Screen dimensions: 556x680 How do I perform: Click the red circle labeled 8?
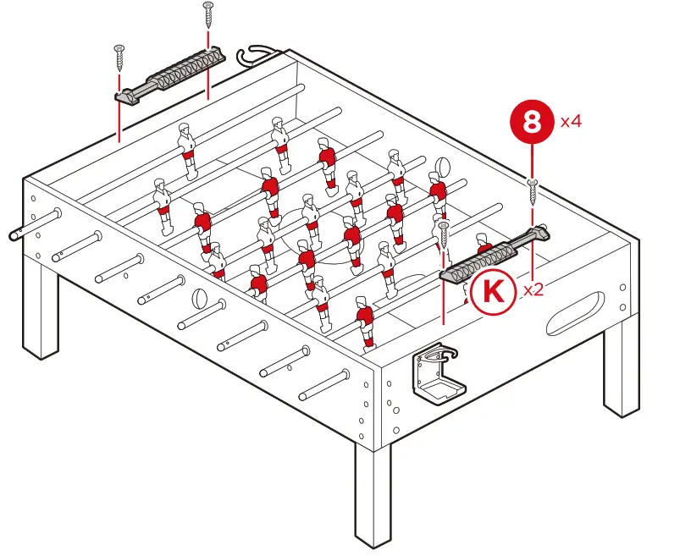(531, 122)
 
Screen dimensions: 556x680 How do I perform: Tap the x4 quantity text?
(571, 121)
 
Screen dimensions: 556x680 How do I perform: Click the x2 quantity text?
(533, 289)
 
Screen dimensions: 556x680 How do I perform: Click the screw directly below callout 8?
(531, 191)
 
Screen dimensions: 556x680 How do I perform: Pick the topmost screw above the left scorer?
(209, 16)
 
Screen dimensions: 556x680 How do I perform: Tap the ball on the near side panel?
(200, 299)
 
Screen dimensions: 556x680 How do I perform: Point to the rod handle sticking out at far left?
(19, 234)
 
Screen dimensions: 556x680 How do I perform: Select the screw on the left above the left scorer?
(119, 58)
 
